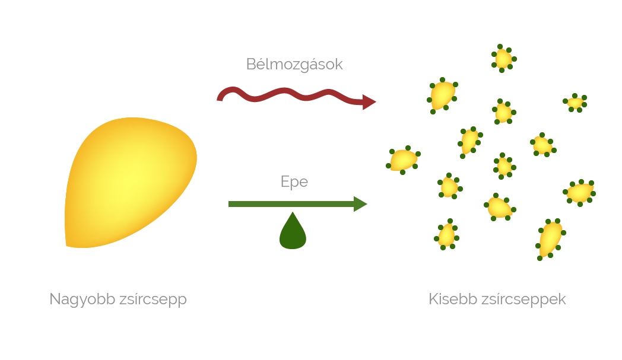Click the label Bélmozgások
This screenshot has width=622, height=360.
[294, 64]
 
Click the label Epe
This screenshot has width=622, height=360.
[294, 181]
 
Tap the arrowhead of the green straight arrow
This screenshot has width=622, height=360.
[360, 204]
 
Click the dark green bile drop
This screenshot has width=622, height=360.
[293, 232]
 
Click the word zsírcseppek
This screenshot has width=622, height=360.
[525, 299]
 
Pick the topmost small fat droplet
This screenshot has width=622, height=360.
[503, 58]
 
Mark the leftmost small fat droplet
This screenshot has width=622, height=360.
[404, 160]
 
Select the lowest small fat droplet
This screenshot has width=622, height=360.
[550, 238]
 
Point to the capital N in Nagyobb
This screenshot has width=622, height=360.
[55, 299]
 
